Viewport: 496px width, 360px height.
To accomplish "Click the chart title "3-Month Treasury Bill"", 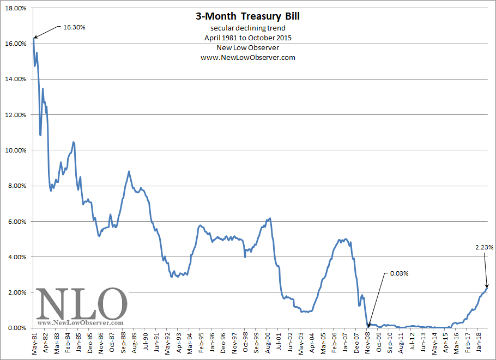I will point(247,16).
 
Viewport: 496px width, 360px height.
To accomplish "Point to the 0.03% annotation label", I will point(398,273).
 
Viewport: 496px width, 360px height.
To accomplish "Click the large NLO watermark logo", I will point(82,303).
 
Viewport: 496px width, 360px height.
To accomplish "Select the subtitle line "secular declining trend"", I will point(247,28).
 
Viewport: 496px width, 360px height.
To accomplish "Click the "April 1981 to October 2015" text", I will point(247,38).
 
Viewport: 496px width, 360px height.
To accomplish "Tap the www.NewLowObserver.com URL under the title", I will point(247,58).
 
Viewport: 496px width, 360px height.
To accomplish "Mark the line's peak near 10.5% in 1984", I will point(74,142).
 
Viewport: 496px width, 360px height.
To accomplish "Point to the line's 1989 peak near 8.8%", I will point(129,172).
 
